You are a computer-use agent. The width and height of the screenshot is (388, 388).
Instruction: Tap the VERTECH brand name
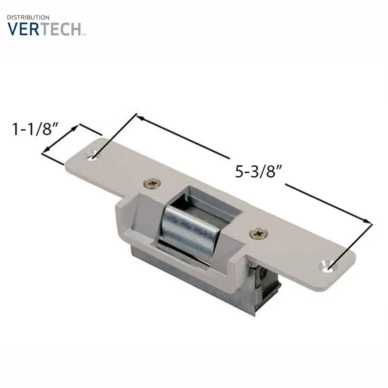click(x=44, y=29)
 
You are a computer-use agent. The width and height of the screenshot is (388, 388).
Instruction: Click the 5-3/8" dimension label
click(x=259, y=172)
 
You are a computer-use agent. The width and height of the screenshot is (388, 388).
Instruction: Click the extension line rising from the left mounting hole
click(x=114, y=136)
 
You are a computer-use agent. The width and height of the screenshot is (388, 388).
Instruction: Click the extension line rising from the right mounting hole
click(x=349, y=246)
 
